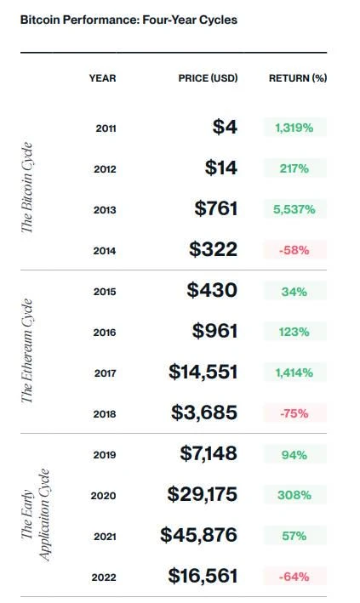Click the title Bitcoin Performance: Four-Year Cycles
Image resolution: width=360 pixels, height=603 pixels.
pyautogui.click(x=129, y=19)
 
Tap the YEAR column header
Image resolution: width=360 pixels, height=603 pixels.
pyautogui.click(x=102, y=78)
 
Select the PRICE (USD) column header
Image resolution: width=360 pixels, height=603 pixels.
pyautogui.click(x=208, y=78)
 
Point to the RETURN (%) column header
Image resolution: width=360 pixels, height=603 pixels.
pyautogui.click(x=298, y=78)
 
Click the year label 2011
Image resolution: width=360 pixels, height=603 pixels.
pyautogui.click(x=106, y=128)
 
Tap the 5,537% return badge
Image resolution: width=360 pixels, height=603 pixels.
pyautogui.click(x=294, y=209)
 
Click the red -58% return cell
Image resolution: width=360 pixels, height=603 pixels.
pyautogui.click(x=294, y=250)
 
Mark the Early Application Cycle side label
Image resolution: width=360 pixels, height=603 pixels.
pyautogui.click(x=36, y=515)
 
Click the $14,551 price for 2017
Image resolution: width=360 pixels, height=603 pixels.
pyautogui.click(x=203, y=372)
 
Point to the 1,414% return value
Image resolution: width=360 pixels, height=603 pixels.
pyautogui.click(x=294, y=372)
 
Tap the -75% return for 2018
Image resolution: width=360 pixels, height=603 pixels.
pyautogui.click(x=294, y=413)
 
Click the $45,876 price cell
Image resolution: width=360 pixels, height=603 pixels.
pyautogui.click(x=199, y=536)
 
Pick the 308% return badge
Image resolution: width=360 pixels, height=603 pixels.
pyautogui.click(x=294, y=495)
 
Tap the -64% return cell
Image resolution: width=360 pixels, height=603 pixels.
pyautogui.click(x=294, y=577)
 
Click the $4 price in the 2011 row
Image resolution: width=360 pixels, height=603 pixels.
pyautogui.click(x=225, y=128)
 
